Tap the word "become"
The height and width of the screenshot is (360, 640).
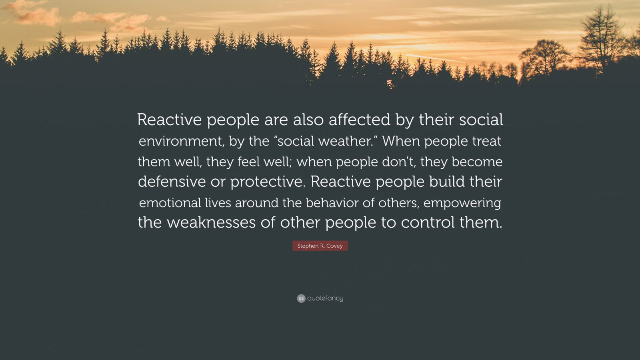[x=477, y=162]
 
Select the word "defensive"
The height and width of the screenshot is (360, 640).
[x=172, y=182]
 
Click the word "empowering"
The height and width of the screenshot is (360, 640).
[x=462, y=203]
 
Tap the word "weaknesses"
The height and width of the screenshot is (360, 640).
[x=211, y=222]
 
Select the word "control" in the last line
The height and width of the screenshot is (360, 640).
[x=428, y=222]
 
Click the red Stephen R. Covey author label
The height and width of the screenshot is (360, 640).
[x=320, y=246]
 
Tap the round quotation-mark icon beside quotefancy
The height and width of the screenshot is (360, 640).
[x=301, y=298]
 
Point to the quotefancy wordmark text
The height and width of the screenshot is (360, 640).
[x=325, y=298]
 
